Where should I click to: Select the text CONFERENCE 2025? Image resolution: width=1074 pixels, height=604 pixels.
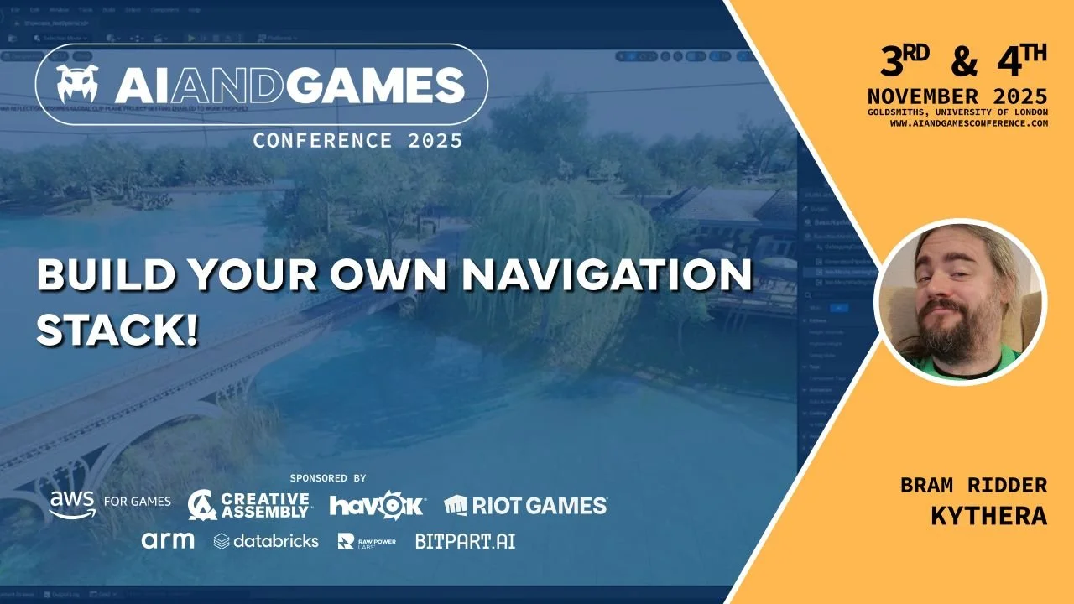click(x=357, y=141)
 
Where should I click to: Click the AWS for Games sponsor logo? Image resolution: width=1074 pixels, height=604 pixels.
click(x=109, y=503)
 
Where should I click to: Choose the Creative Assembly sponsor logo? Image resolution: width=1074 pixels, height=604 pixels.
click(x=250, y=504)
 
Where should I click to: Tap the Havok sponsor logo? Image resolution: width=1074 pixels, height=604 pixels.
click(x=378, y=505)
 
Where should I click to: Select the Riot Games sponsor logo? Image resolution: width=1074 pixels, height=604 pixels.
click(x=525, y=505)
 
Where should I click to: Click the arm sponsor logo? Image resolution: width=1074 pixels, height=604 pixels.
click(x=168, y=540)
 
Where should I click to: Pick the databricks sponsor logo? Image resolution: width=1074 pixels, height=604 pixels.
click(x=266, y=541)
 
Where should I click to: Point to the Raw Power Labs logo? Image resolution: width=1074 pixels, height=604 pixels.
click(x=367, y=541)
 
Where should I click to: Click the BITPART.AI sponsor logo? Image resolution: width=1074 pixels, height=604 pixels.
click(x=465, y=541)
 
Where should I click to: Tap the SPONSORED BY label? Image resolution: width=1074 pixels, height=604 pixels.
click(x=328, y=478)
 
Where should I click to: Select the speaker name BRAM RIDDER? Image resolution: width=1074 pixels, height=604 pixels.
click(x=973, y=485)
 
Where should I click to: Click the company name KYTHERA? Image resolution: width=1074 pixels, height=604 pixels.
click(x=988, y=516)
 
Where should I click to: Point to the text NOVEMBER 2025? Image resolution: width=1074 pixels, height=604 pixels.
click(x=957, y=95)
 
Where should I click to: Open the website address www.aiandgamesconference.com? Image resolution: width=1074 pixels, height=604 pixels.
click(x=969, y=123)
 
